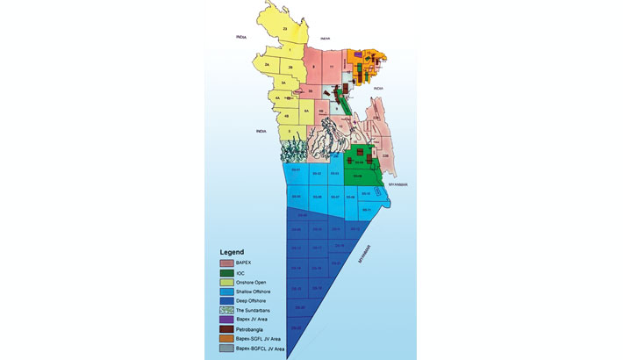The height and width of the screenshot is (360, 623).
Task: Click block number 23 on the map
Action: click(x=285, y=29)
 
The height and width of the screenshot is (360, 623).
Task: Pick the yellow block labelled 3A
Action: click(x=283, y=83)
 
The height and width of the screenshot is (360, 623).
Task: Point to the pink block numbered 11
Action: click(x=331, y=67)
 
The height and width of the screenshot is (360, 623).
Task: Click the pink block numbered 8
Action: click(x=313, y=67)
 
